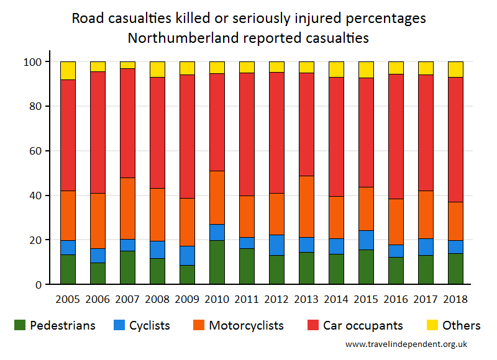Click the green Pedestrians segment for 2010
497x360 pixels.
[x=217, y=262]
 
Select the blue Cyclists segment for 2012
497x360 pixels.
[x=276, y=245]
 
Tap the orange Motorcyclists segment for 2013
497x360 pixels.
[x=306, y=207]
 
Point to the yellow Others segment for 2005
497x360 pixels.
[x=68, y=70]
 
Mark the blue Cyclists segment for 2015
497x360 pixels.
[x=366, y=240]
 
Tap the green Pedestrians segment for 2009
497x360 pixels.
[x=187, y=274]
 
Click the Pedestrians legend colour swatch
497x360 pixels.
[x=20, y=325]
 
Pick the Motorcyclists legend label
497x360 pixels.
[x=246, y=325]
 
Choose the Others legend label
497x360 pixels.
[x=462, y=325]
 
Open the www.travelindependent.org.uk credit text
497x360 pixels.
[x=406, y=344]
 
